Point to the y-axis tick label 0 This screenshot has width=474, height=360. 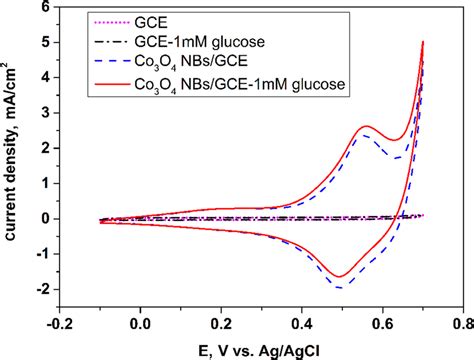(47, 218)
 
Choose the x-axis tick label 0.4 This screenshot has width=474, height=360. (301, 324)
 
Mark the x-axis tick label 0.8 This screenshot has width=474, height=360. (460, 324)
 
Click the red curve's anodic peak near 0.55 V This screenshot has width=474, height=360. (366, 126)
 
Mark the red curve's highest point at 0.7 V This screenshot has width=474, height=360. (423, 42)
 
